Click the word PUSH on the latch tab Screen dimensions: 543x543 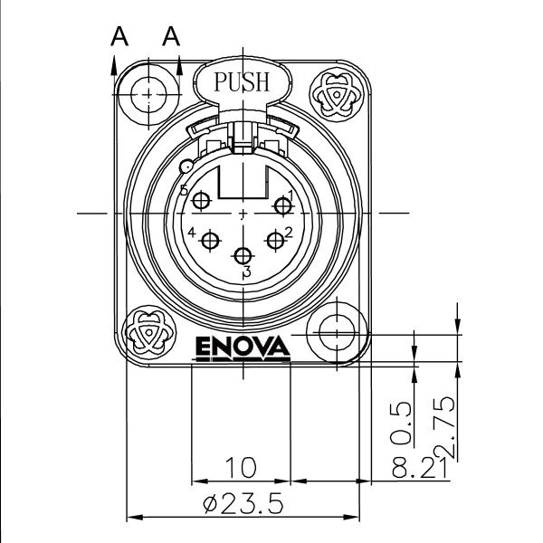coord(241,81)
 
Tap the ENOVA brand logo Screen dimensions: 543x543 coord(242,347)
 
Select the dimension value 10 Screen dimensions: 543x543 coord(241,467)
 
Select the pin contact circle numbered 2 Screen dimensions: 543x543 coord(275,240)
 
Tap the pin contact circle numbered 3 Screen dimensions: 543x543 coord(243,256)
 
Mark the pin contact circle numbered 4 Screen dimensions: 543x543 coord(212,241)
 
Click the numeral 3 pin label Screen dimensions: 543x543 coord(246,271)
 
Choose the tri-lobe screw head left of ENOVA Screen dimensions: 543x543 coord(148,331)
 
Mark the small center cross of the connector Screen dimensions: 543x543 coord(243,214)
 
